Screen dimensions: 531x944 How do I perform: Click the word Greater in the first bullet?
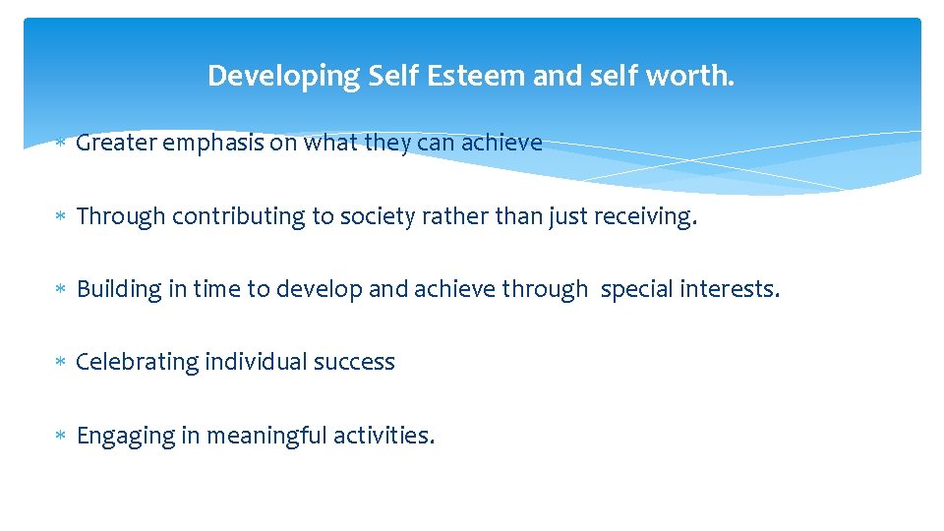[x=116, y=144]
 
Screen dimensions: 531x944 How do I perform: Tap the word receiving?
[x=645, y=216]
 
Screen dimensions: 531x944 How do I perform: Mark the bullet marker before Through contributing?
[x=60, y=217]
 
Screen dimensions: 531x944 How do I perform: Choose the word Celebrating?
[x=138, y=362]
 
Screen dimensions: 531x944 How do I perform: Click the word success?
[x=354, y=362]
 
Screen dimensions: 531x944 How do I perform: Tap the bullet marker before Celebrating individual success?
[x=60, y=363]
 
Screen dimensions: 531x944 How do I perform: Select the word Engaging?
[x=125, y=435]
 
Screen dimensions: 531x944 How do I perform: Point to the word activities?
[x=382, y=435]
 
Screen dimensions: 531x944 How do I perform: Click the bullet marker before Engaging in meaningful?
[x=60, y=436]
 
